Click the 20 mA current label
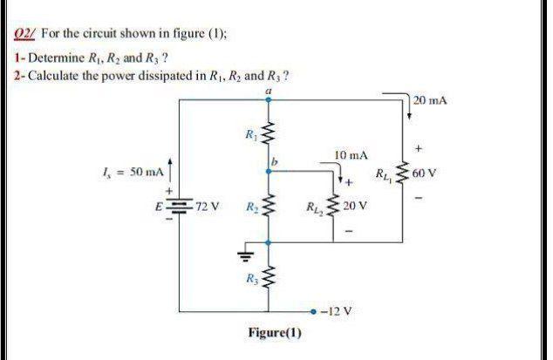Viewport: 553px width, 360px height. pos(433,102)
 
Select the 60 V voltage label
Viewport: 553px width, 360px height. pos(429,173)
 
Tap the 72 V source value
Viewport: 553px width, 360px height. pos(207,208)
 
